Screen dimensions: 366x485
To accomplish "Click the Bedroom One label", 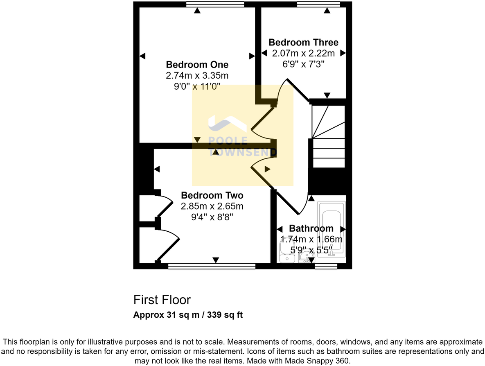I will [197, 65].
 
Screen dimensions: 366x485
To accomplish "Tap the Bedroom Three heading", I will [303, 43].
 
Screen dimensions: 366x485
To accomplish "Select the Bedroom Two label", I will [212, 195].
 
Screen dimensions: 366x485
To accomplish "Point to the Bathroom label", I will [311, 228].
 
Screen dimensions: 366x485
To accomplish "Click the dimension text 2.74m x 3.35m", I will [197, 76].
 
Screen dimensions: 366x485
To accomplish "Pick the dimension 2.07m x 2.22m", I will [303, 53].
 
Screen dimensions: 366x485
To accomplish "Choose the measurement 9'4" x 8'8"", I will [212, 217].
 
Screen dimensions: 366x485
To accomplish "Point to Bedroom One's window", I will [215, 5].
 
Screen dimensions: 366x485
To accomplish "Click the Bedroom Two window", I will [212, 267].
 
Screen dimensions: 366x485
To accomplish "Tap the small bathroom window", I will [326, 267].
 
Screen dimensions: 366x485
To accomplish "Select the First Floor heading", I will [162, 300].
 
